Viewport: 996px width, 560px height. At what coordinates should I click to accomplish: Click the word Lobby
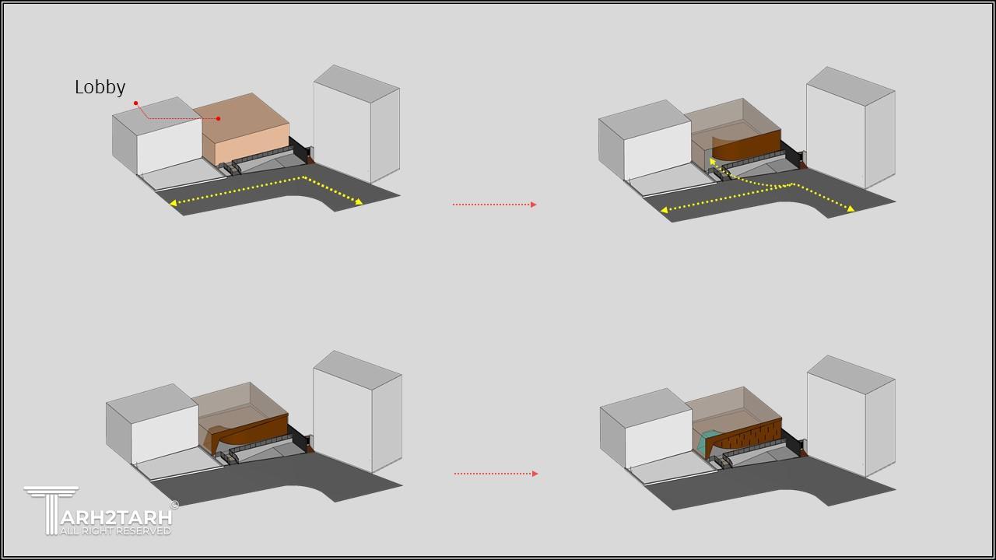pos(100,87)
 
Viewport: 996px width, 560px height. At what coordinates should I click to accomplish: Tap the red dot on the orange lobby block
pos(219,119)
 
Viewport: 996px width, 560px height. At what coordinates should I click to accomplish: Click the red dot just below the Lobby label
pos(135,103)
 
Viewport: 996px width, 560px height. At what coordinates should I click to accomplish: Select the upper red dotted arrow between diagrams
pos(494,205)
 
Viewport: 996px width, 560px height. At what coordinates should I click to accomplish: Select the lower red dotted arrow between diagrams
pos(496,474)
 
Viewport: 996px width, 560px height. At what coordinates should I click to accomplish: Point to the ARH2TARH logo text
pos(116,517)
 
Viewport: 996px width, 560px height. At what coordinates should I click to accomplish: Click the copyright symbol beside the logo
pos(174,505)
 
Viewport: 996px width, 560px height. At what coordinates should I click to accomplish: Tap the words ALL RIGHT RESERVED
pos(116,531)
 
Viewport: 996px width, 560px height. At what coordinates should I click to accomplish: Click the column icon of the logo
pos(51,509)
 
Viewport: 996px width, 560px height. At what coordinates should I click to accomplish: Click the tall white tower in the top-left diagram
pos(356,124)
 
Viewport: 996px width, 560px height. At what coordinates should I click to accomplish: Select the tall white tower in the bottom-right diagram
pos(850,415)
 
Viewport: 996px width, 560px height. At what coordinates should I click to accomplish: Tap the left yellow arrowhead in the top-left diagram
pos(174,203)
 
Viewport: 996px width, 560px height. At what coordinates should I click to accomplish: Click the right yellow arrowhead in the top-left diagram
pos(359,202)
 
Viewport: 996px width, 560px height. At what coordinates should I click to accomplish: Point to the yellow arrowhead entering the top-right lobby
pos(712,162)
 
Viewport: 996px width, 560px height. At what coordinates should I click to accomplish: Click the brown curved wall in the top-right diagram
pos(746,147)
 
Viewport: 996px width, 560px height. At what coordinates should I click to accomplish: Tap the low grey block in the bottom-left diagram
pos(152,423)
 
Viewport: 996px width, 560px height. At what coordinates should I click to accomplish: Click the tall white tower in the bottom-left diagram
pos(357,411)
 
